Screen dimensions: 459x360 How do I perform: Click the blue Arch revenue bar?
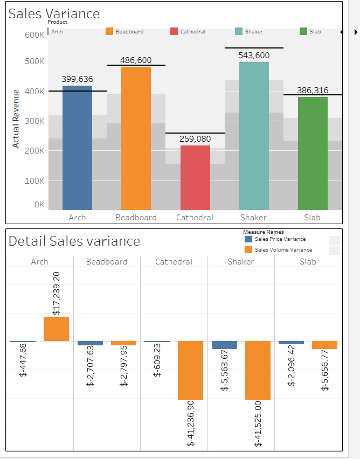coord(77,148)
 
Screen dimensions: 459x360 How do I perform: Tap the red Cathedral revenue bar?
coord(195,178)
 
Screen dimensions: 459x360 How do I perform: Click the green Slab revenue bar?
coord(313,154)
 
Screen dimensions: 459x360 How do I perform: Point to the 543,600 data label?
coord(254,55)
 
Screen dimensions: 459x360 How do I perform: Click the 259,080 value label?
coord(195,139)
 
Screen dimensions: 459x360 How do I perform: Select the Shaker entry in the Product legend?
coord(253,32)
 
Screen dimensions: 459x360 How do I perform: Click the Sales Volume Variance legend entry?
coord(280,249)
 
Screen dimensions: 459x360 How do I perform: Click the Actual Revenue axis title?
coord(16,119)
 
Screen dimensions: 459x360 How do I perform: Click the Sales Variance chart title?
coord(54,14)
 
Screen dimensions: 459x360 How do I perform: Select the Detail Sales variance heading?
coord(74,241)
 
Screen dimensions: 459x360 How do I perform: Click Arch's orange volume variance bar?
coord(56,329)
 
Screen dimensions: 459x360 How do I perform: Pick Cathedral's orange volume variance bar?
coord(190,370)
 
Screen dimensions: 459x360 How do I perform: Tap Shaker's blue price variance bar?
coord(224,345)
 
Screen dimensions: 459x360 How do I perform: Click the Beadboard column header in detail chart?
coord(107,262)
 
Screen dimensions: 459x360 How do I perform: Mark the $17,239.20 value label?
coord(57,293)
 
